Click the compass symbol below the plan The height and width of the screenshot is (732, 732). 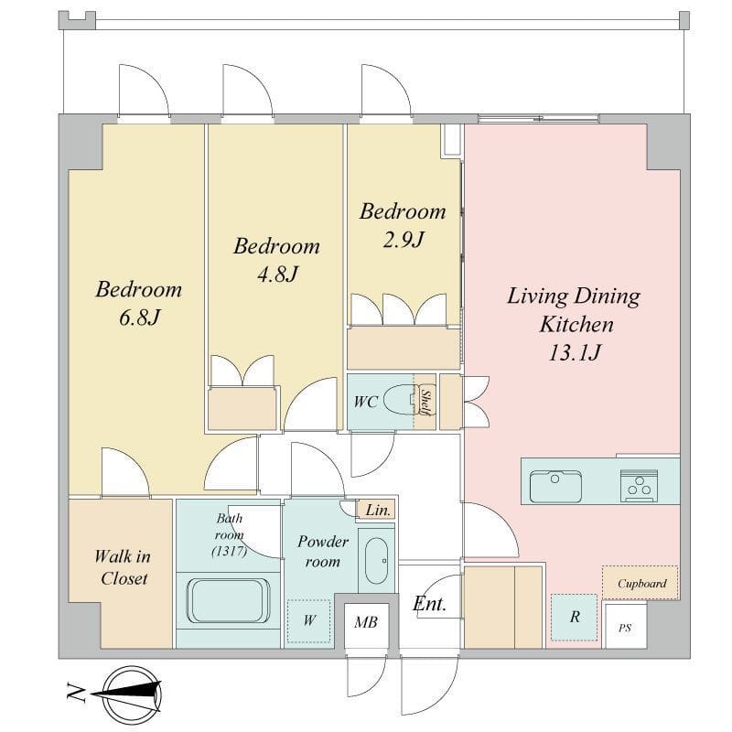128,693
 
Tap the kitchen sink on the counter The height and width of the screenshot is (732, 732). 555,486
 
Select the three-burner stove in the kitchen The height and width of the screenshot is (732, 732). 640,486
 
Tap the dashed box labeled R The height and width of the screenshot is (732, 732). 575,617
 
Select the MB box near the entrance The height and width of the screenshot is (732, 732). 366,622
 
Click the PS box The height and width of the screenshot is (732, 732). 625,628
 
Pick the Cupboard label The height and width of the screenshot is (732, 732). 641,583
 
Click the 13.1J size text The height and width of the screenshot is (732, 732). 574,353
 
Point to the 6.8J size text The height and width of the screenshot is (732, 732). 139,318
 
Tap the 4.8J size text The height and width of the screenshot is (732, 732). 276,274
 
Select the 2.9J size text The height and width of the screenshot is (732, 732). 402,240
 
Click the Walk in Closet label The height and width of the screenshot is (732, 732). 124,567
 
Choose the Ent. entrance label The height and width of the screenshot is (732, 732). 429,603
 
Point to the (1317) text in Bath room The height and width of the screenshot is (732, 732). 228,551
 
